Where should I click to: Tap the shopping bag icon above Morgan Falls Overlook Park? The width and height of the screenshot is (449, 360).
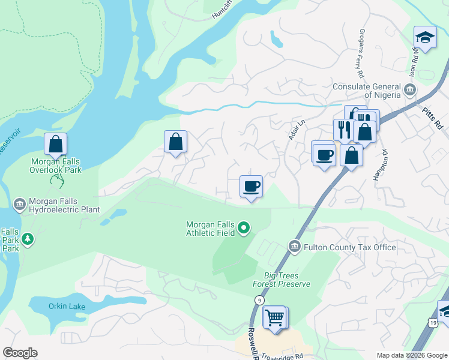point(55,144)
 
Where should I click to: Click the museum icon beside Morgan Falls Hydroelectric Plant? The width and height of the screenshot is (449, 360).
point(19,205)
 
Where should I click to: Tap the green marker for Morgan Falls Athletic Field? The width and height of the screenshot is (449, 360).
point(244,227)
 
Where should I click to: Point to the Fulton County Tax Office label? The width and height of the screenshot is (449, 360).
point(350,247)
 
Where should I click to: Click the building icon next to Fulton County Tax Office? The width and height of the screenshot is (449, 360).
point(294,247)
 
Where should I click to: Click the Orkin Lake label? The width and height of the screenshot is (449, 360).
point(66,307)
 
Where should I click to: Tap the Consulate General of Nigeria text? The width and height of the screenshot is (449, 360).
point(366,90)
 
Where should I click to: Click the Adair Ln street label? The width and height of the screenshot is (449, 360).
point(294,129)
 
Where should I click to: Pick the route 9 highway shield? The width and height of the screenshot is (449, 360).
point(258,316)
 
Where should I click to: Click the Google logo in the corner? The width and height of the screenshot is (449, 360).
point(20,353)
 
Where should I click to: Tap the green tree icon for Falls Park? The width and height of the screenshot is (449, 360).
point(28,240)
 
